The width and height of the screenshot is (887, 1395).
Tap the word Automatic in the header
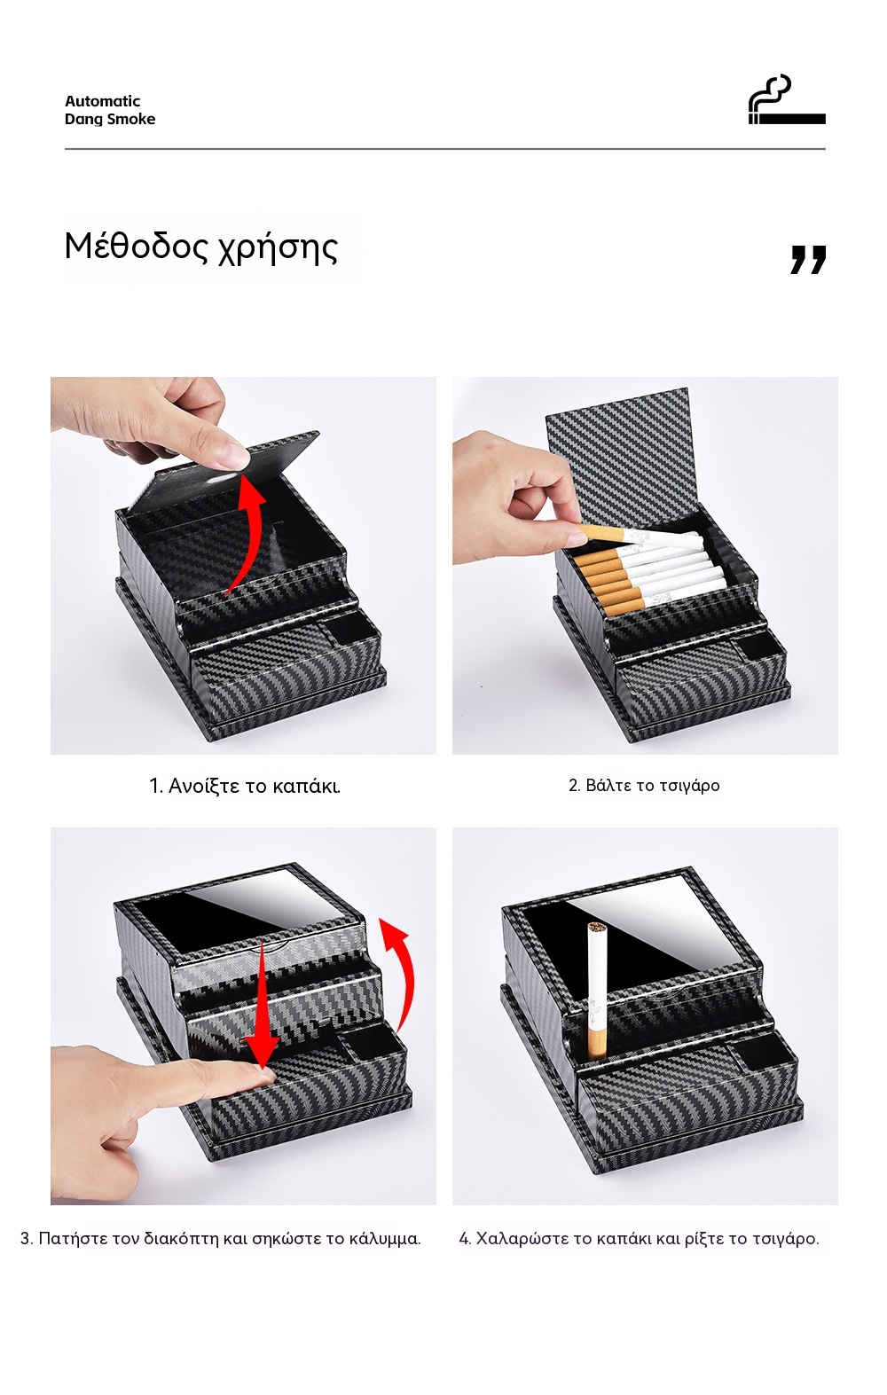tap(102, 101)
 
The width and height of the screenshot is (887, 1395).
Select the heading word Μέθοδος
tap(130, 246)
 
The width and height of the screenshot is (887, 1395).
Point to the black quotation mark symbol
tap(809, 259)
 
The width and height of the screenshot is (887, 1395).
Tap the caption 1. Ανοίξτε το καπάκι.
tap(245, 786)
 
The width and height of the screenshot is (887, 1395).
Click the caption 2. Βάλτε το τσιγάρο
tap(644, 786)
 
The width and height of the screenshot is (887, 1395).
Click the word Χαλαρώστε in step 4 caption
tap(522, 1238)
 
